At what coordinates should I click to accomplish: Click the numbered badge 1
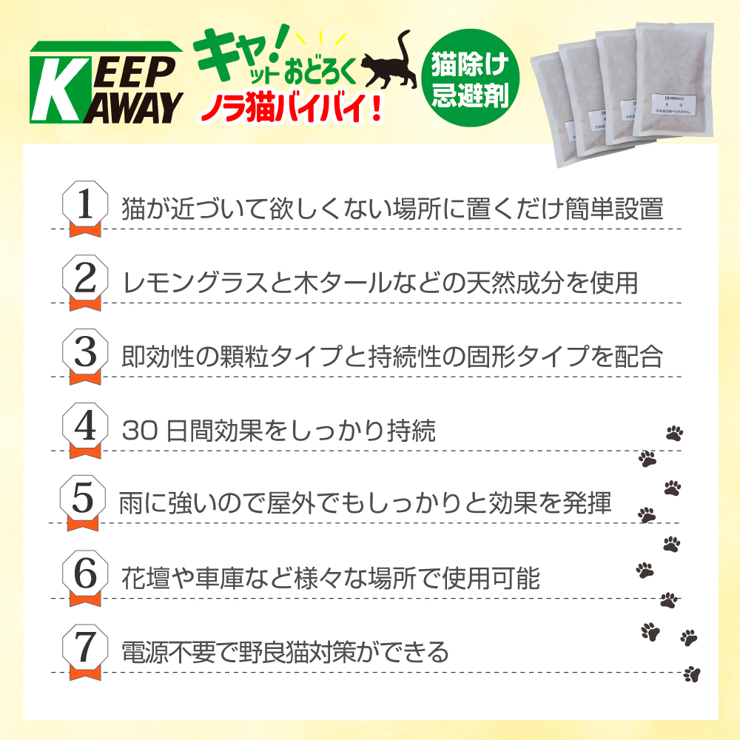85,206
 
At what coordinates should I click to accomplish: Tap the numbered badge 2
85,280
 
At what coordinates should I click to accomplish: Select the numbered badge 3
85,353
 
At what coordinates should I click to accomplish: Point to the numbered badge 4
85,427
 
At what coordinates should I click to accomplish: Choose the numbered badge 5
84,499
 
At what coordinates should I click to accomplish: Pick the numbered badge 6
85,574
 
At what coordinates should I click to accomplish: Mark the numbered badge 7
85,649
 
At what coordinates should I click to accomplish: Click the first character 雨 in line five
131,502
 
